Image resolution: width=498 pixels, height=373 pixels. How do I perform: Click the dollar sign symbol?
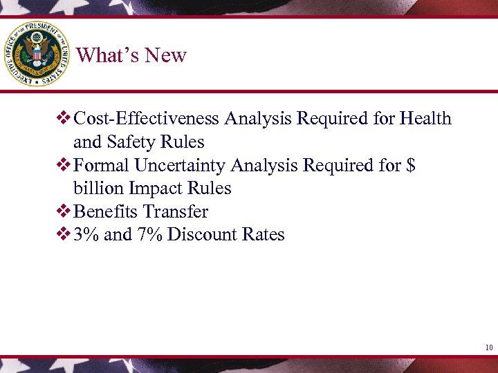click(x=411, y=166)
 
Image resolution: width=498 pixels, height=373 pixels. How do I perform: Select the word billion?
click(x=96, y=189)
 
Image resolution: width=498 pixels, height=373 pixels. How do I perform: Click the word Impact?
click(x=153, y=189)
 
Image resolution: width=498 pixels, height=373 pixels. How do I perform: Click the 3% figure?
click(x=86, y=235)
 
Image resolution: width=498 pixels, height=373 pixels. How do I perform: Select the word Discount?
click(x=200, y=235)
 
